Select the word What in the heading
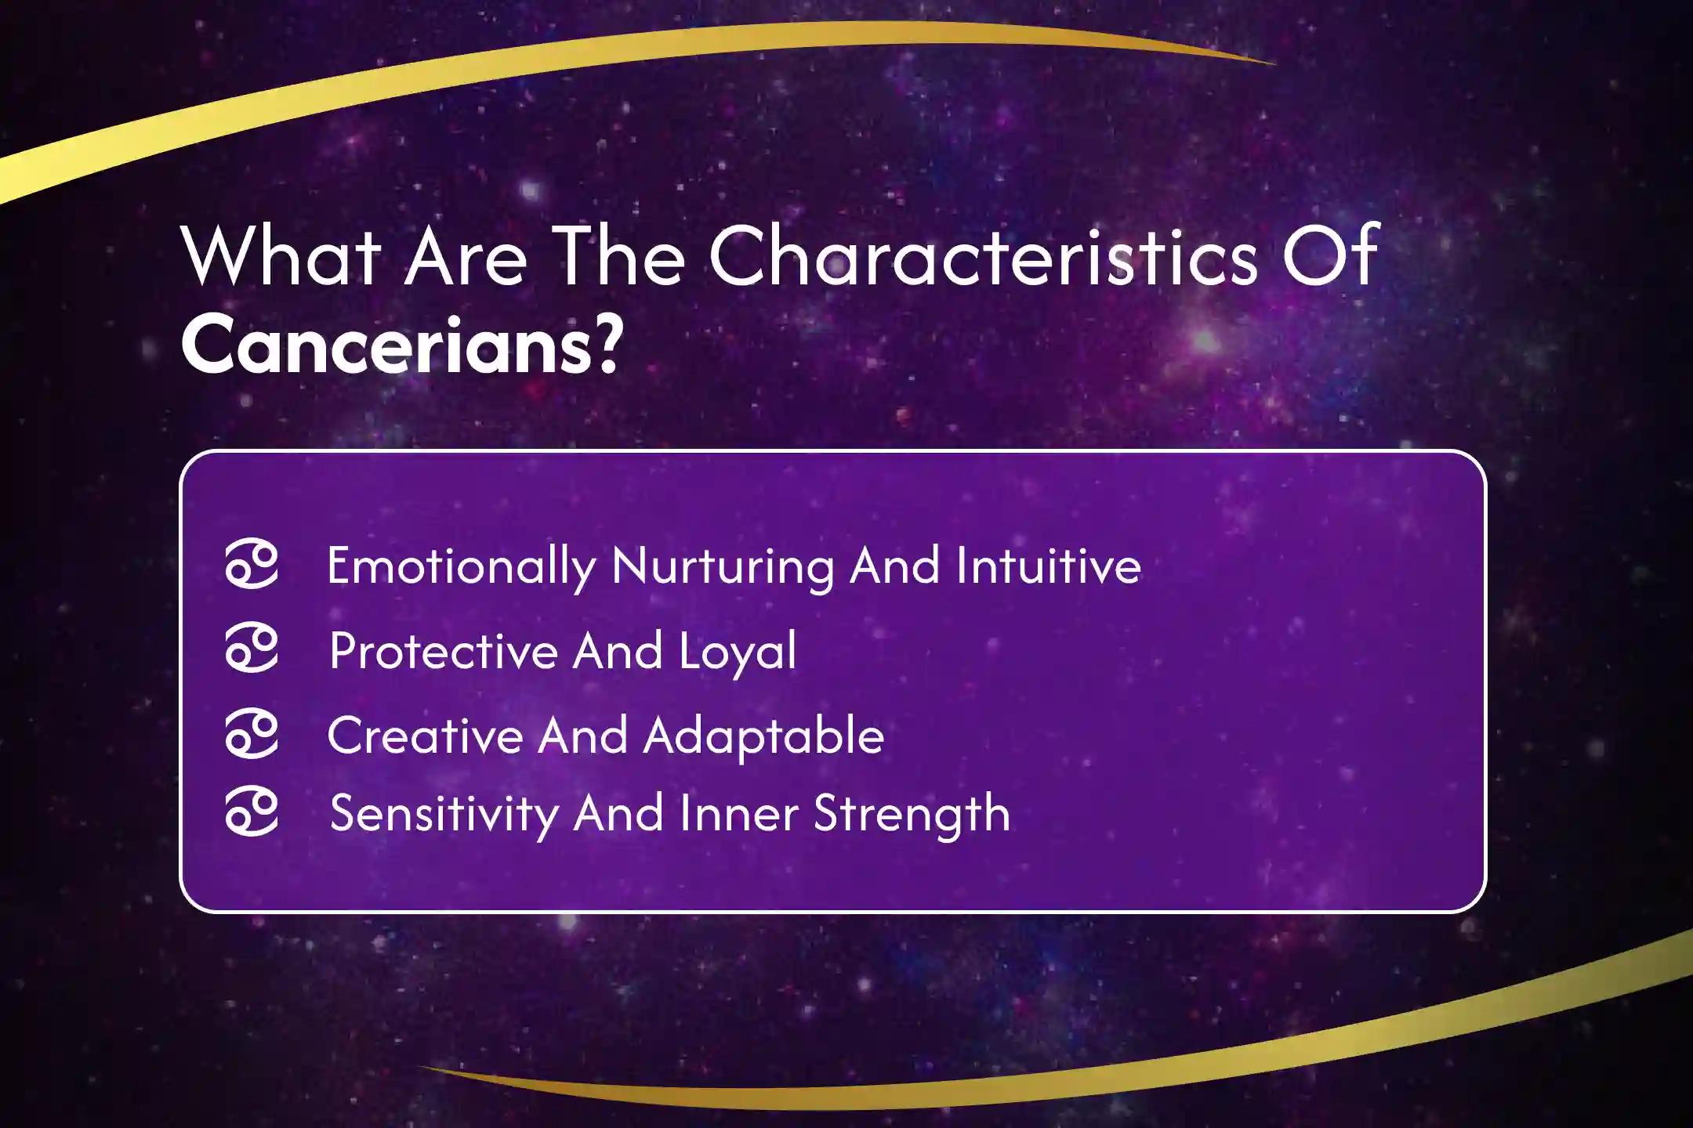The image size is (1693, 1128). (281, 256)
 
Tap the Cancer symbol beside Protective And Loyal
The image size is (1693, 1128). (252, 649)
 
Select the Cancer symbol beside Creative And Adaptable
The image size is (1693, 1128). (252, 735)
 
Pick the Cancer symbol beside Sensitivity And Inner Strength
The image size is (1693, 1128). (252, 813)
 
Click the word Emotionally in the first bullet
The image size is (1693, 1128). (461, 566)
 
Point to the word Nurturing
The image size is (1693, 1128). (723, 566)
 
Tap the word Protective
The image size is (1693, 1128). (443, 650)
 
